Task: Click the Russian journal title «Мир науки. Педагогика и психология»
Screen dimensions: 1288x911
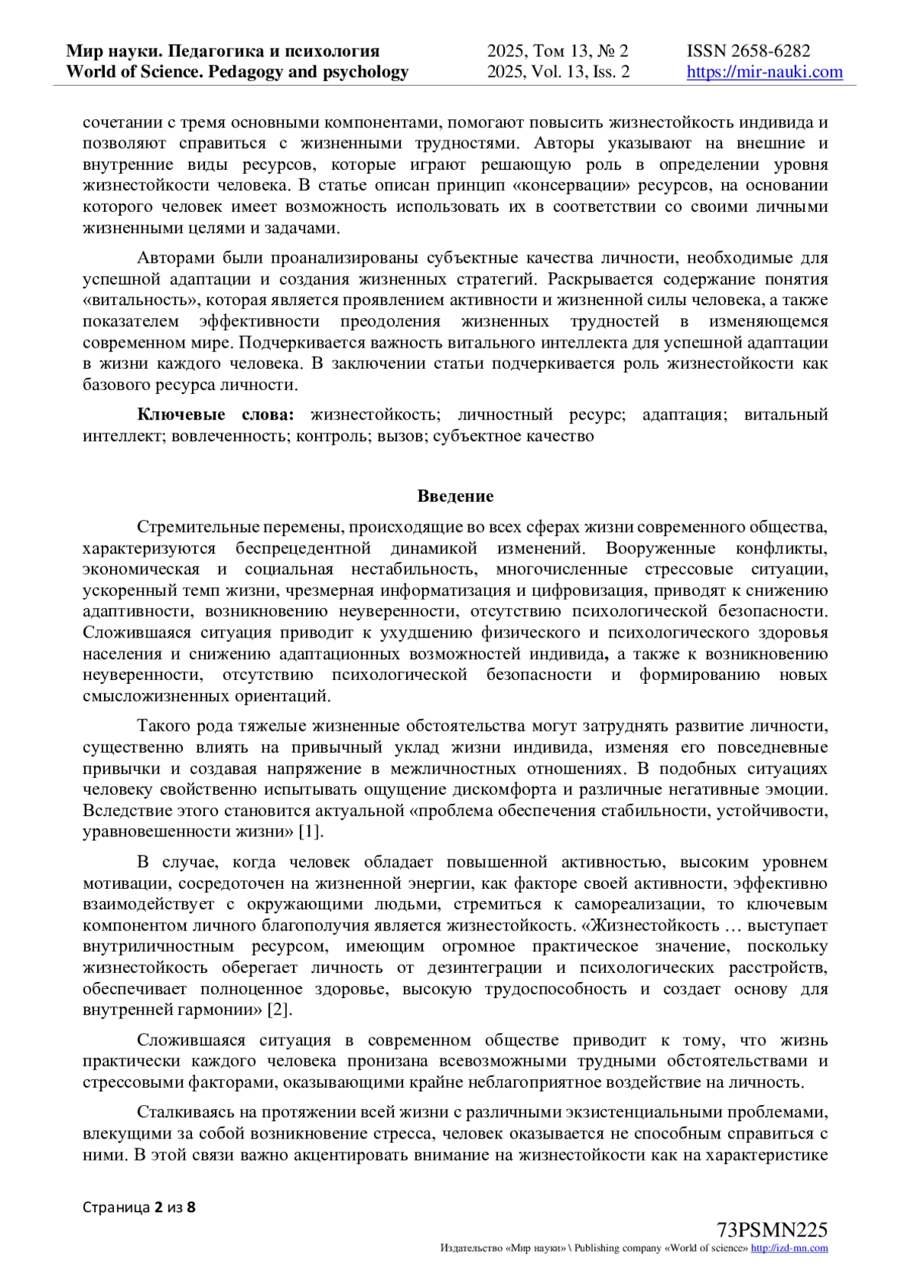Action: (x=222, y=51)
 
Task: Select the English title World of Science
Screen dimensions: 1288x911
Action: (x=237, y=72)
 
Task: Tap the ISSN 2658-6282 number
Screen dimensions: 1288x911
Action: (x=748, y=51)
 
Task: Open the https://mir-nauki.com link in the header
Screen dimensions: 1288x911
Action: (x=764, y=72)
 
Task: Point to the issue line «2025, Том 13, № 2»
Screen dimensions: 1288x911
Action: (x=557, y=51)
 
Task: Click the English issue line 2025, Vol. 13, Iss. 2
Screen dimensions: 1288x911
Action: (x=558, y=72)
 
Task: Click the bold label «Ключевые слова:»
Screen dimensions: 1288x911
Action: (x=216, y=414)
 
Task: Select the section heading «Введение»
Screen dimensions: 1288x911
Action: (x=455, y=496)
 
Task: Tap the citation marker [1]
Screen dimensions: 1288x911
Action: (x=311, y=831)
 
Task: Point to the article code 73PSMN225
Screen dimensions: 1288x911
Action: (x=771, y=1230)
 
